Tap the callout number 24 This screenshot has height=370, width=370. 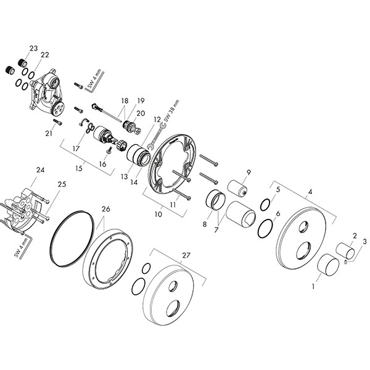click(x=41, y=170)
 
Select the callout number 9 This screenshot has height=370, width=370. click(x=249, y=171)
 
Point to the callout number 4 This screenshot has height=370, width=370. click(x=310, y=192)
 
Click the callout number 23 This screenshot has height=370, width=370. click(x=33, y=48)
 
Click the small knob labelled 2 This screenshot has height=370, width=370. click(x=345, y=252)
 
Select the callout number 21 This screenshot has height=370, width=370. click(x=49, y=133)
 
